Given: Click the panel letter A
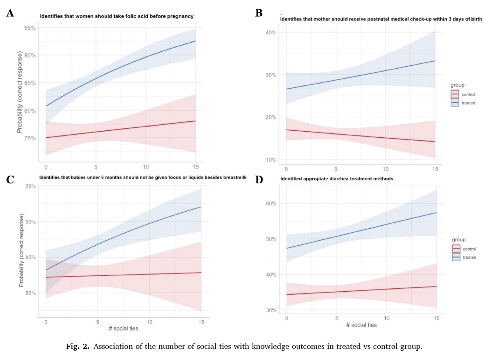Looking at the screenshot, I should click(10, 13).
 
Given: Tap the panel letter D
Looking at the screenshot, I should click(259, 180).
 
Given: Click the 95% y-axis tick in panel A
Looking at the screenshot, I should click(30, 28).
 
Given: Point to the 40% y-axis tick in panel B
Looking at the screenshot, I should click(271, 33).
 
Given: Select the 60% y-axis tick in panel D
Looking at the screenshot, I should click(271, 203).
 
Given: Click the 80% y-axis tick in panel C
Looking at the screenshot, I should click(30, 293).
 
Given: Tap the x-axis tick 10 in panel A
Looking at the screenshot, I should click(146, 167).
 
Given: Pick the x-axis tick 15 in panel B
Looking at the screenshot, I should click(435, 169).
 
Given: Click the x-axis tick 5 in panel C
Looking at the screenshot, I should click(98, 322).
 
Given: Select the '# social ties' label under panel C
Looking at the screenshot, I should click(123, 328).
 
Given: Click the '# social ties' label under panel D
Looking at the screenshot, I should click(361, 325).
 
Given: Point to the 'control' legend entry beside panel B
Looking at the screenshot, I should click(468, 95).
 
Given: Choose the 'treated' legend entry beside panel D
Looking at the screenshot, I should click(469, 257).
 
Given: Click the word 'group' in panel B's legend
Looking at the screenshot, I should click(457, 85).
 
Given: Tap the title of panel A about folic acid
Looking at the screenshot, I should click(117, 16).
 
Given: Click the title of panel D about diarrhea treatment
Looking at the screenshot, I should click(336, 179).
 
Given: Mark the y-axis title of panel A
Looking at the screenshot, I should click(20, 92).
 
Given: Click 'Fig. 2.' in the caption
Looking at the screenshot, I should click(78, 347).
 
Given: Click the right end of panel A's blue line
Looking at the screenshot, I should click(195, 41).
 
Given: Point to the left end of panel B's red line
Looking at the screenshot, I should click(286, 130).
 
